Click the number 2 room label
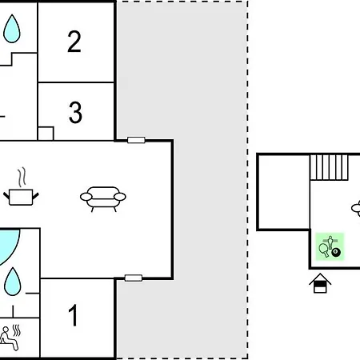(x=74, y=42)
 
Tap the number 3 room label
(x=75, y=112)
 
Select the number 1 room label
(x=73, y=315)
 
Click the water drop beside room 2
(x=12, y=29)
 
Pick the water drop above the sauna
(x=13, y=282)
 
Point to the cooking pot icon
(x=21, y=198)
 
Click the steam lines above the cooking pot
(x=22, y=177)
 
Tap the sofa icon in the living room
(x=103, y=199)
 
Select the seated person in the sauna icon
(x=9, y=338)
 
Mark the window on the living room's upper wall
(x=136, y=140)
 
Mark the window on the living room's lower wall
(x=134, y=278)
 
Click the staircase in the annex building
(x=329, y=168)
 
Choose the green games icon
(x=330, y=246)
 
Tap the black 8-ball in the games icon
(x=336, y=253)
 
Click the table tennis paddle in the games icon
(x=324, y=250)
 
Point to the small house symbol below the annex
(x=320, y=283)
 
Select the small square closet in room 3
(x=46, y=134)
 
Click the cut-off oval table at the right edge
(x=356, y=208)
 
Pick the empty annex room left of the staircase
(x=284, y=192)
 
